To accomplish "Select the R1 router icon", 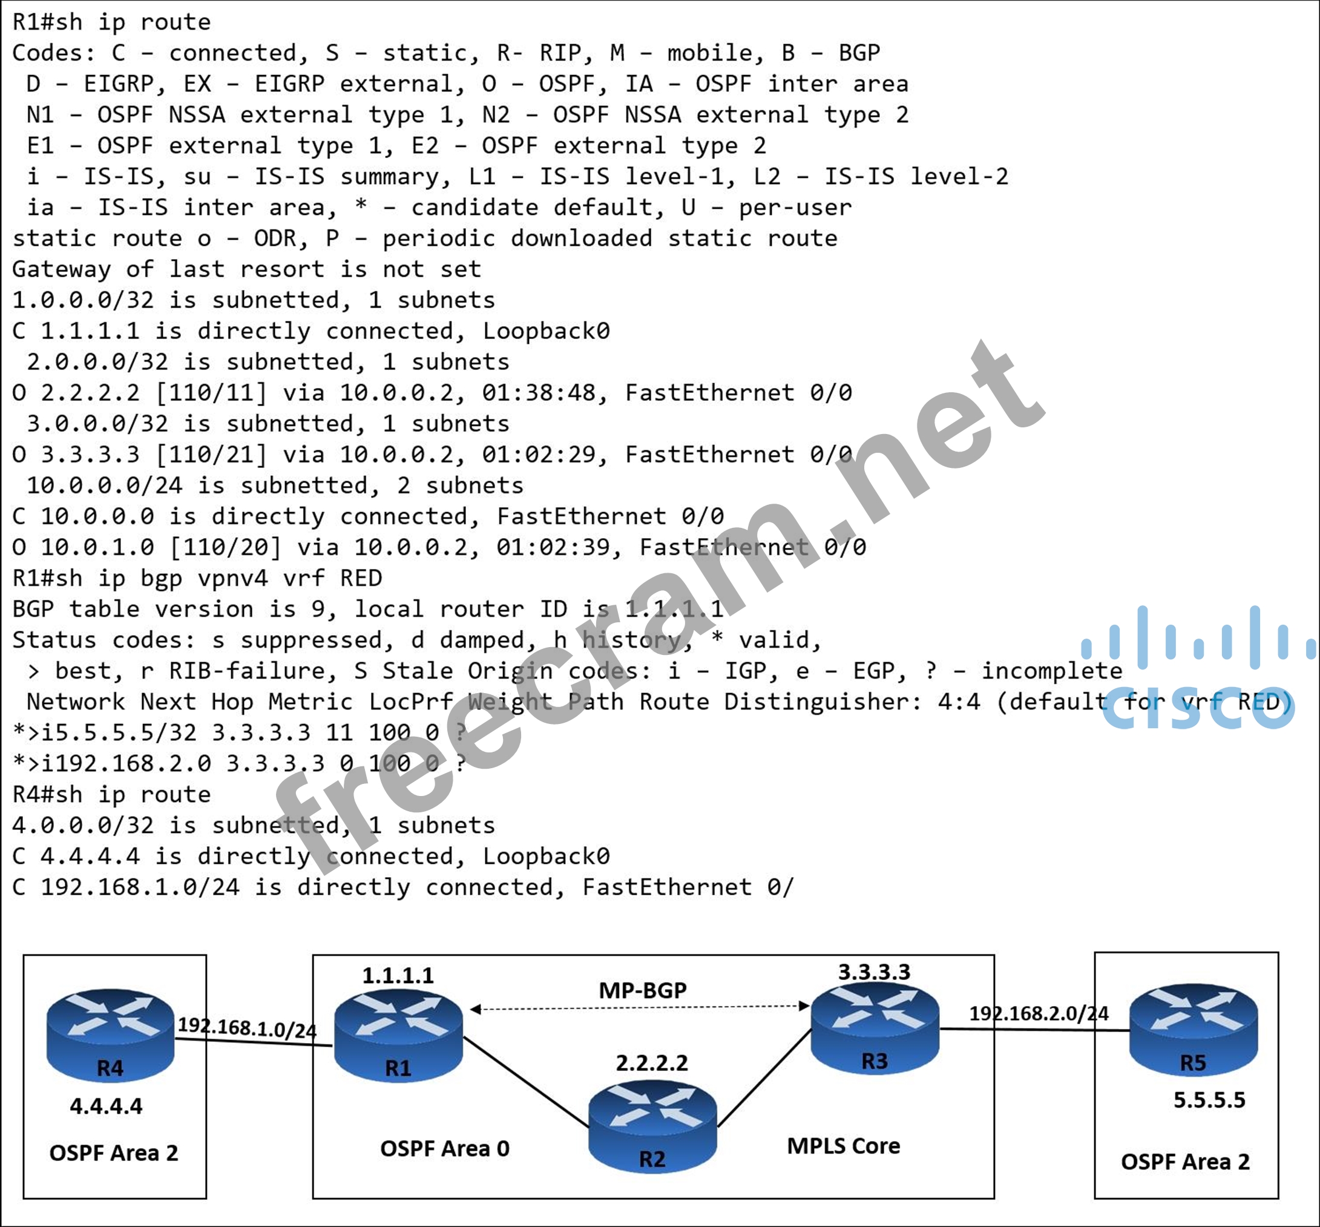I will (398, 1035).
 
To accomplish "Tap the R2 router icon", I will (652, 1126).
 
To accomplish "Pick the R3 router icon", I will (875, 1028).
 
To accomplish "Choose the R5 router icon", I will (1192, 1030).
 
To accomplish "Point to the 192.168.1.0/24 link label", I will (247, 1027).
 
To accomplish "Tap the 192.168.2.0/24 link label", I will (1039, 1013).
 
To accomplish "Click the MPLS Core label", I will (843, 1146).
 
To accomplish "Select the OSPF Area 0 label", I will (444, 1149).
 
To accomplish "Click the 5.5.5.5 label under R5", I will (1209, 1100).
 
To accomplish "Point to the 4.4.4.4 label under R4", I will (107, 1106).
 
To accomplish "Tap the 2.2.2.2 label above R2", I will (651, 1063).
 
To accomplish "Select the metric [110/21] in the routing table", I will (211, 455).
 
